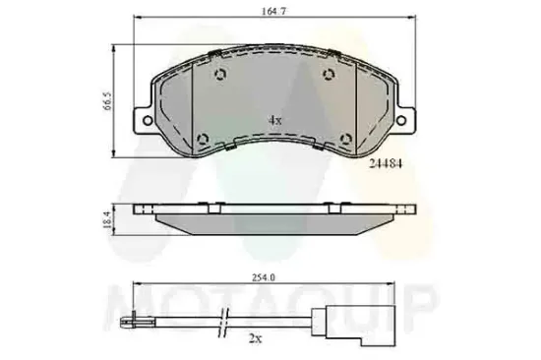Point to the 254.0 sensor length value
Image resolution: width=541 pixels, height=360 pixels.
[x=262, y=278]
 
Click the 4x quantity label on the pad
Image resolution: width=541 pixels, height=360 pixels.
[x=275, y=119]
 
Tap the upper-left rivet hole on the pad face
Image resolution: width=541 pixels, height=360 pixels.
[x=220, y=77]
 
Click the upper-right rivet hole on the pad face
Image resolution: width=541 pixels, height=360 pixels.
[x=328, y=77]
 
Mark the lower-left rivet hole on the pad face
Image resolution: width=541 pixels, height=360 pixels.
[x=204, y=137]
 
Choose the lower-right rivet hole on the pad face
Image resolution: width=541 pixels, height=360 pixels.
[x=344, y=137]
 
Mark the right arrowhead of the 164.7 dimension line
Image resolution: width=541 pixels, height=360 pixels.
[x=405, y=25]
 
